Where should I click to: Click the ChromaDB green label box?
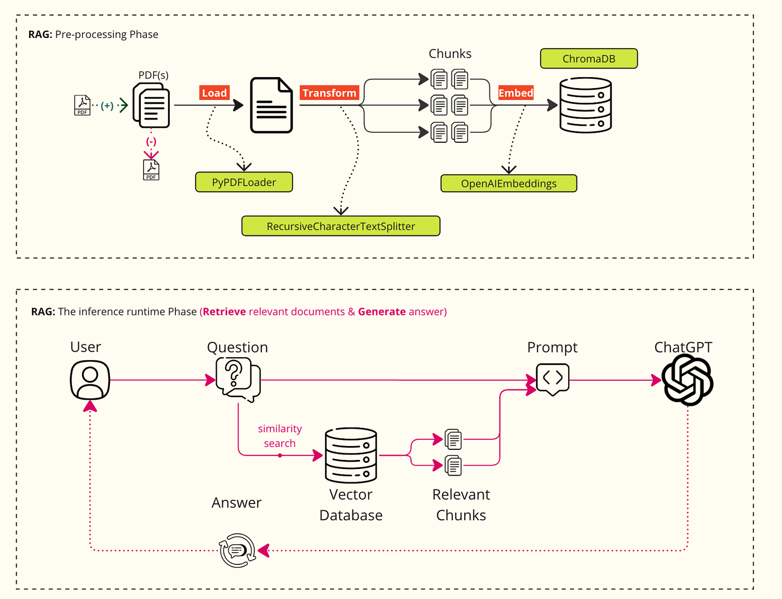click(x=589, y=58)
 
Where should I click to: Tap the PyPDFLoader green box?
click(x=244, y=182)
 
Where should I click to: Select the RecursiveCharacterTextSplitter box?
click(x=341, y=226)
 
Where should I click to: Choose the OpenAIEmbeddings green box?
click(x=509, y=183)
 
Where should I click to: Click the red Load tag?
click(x=214, y=93)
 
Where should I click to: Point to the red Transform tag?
click(x=330, y=93)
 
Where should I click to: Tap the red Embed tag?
click(x=516, y=93)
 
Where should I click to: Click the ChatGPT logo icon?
click(x=688, y=380)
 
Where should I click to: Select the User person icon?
click(x=89, y=380)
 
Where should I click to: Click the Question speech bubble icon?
click(x=238, y=380)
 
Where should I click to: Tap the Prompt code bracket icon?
click(x=552, y=379)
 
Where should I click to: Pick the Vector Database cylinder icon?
click(x=351, y=455)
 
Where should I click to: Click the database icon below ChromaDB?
click(x=585, y=105)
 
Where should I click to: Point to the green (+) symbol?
click(x=107, y=106)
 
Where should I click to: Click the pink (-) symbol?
click(x=151, y=141)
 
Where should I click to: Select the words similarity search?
click(x=280, y=436)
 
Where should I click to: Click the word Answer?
click(x=236, y=502)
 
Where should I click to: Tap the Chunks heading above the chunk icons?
click(x=450, y=54)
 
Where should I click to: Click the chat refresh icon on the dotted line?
click(x=237, y=550)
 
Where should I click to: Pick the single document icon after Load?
click(x=271, y=105)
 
